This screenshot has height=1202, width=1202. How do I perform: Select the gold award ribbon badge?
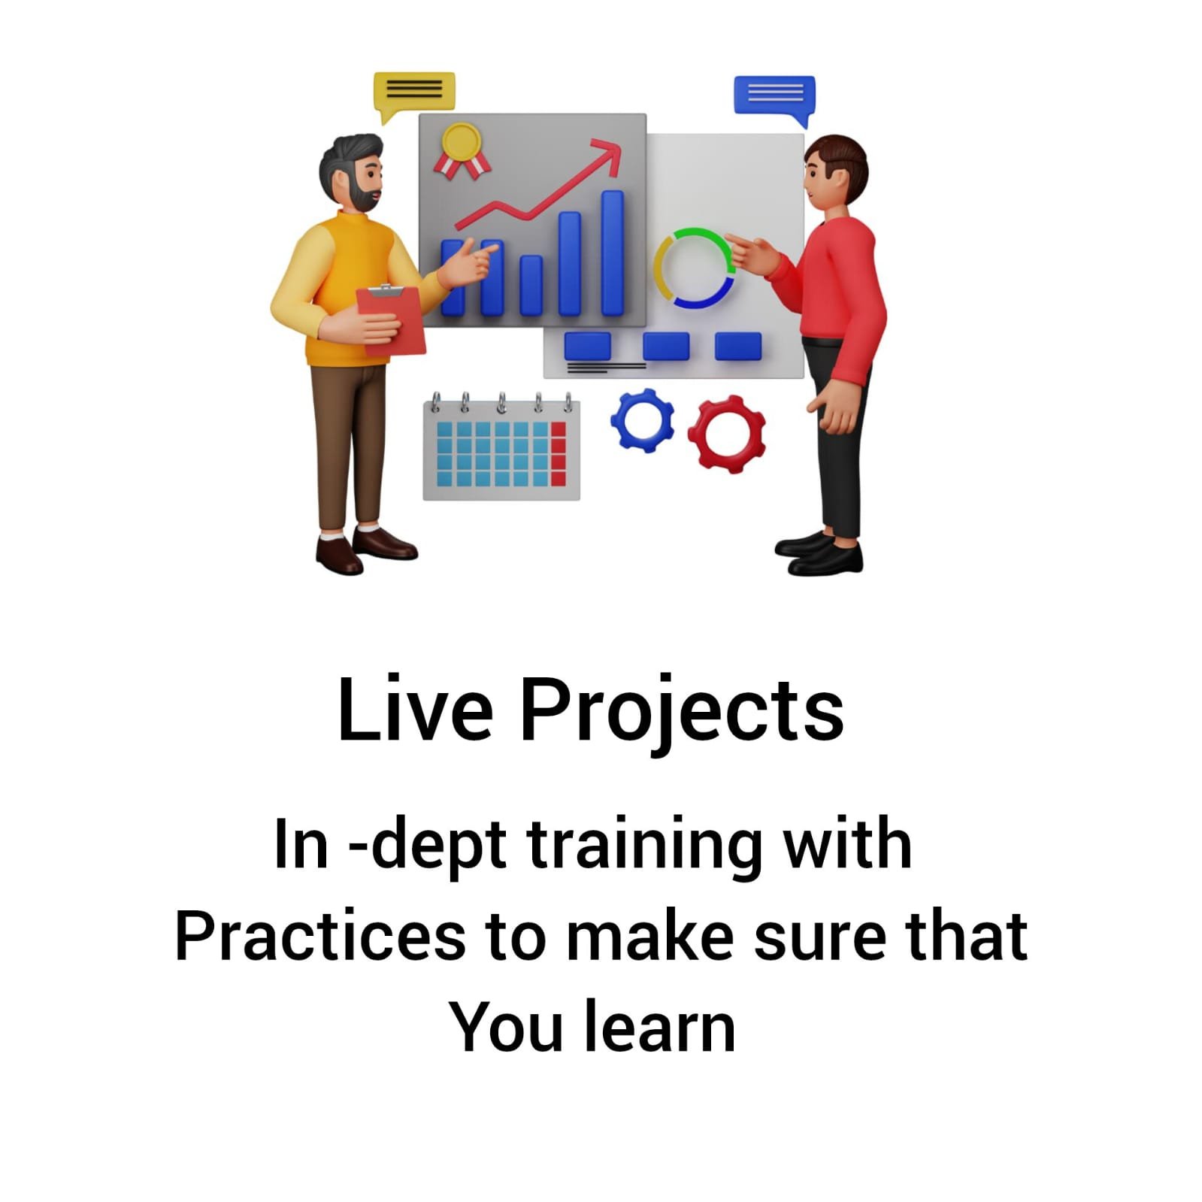pos(462,150)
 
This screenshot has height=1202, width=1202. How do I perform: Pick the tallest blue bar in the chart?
pos(613,253)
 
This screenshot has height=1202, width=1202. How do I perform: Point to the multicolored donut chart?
pos(694,268)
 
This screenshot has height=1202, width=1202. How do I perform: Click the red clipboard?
pos(391,319)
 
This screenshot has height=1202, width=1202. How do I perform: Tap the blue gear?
pos(643,420)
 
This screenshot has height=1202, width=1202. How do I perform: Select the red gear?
pos(727,434)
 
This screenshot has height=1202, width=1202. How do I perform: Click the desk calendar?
pos(501,447)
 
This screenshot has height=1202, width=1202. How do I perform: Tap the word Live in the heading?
pos(415,709)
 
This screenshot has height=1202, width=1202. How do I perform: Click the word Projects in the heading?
pos(682,712)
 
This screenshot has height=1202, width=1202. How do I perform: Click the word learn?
pos(659,1027)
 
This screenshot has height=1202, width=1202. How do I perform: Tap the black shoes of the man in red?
pos(819,551)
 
